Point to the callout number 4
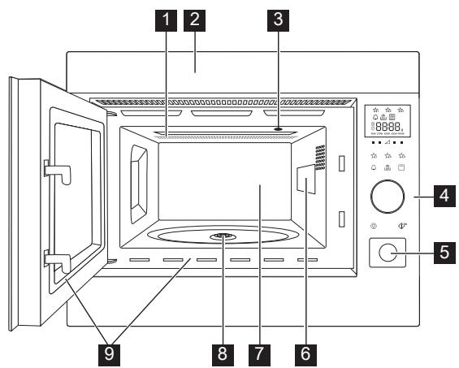[441, 197]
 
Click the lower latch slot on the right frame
[341, 218]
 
